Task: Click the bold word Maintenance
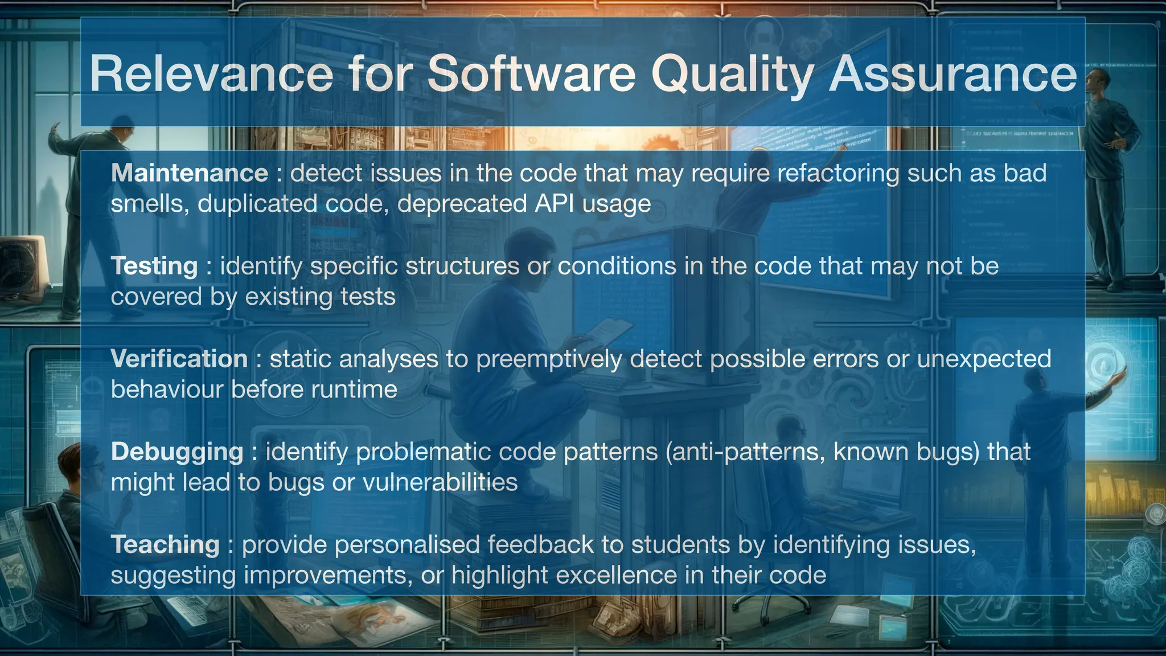point(189,173)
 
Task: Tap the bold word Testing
point(154,266)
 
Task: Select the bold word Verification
point(179,359)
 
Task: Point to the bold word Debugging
point(177,452)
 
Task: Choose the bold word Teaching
point(165,544)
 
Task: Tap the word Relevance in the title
point(211,74)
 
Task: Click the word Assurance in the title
point(952,74)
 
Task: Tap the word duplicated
point(257,204)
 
